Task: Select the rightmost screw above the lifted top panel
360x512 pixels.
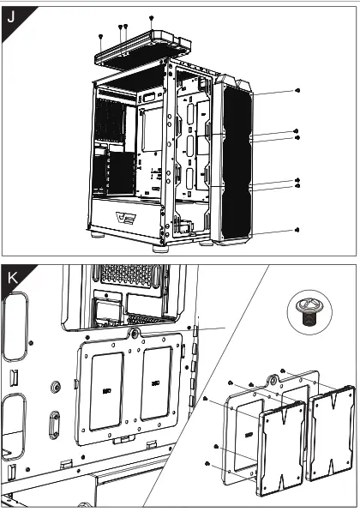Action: click(x=152, y=17)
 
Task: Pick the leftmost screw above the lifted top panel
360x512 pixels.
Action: click(x=101, y=36)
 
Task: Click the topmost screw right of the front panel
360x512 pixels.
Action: click(x=297, y=90)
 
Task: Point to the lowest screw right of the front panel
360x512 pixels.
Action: click(x=297, y=230)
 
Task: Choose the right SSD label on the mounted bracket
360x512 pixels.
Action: click(x=155, y=382)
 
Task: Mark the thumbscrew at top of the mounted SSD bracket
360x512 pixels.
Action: click(x=135, y=332)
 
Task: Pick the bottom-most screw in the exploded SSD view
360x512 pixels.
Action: click(x=207, y=464)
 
